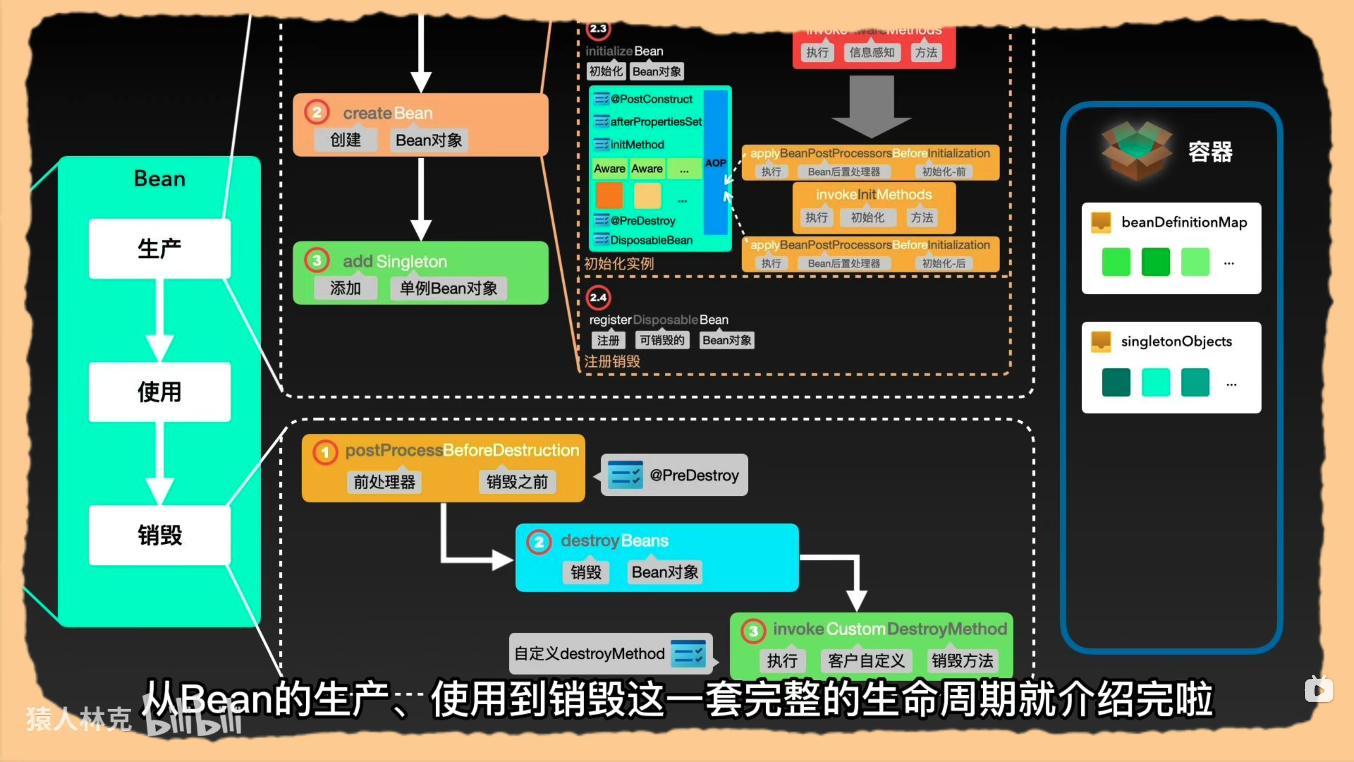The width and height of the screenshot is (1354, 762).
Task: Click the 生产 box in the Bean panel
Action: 159,249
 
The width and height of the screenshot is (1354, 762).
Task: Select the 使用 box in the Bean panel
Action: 159,392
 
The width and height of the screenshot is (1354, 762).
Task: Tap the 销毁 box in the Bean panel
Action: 159,535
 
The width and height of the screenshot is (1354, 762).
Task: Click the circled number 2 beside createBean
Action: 317,113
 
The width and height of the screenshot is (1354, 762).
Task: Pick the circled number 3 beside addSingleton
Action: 317,260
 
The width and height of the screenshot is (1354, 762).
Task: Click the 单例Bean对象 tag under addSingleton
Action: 448,288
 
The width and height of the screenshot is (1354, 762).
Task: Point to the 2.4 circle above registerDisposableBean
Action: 598,297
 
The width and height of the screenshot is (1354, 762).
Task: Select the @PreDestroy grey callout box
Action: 674,475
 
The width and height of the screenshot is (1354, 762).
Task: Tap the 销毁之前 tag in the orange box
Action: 517,482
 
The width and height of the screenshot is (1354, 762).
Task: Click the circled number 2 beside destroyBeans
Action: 538,542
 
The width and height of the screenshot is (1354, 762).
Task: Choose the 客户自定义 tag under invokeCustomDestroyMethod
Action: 866,660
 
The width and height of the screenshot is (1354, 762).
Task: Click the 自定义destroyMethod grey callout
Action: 610,654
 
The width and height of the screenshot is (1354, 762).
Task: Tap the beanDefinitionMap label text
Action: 1184,222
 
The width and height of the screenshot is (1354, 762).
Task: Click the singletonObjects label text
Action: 1176,341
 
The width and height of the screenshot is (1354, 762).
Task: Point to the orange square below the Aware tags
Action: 609,195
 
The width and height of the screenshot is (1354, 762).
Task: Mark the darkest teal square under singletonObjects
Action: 1116,382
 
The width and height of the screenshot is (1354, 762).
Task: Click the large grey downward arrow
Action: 872,106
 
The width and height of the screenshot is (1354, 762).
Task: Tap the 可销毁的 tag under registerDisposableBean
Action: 662,340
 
